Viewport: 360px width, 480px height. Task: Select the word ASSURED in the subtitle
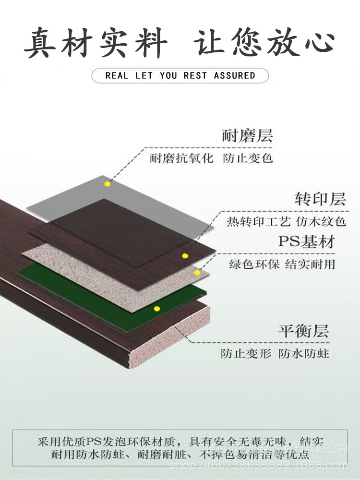click(235, 75)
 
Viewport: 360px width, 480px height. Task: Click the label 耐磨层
click(247, 136)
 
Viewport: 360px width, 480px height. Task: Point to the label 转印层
click(320, 199)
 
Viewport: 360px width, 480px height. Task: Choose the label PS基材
click(306, 241)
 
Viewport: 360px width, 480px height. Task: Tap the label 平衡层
click(303, 331)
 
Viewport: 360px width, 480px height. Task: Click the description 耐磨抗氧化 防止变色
click(211, 158)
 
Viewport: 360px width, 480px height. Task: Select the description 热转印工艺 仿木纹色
click(286, 222)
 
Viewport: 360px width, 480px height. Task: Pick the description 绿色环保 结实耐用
click(282, 264)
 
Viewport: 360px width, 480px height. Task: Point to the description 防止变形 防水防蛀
click(275, 354)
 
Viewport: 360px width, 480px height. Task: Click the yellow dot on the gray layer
click(108, 184)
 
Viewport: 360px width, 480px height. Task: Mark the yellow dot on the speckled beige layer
click(197, 273)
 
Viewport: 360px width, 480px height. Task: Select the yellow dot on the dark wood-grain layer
click(184, 256)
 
